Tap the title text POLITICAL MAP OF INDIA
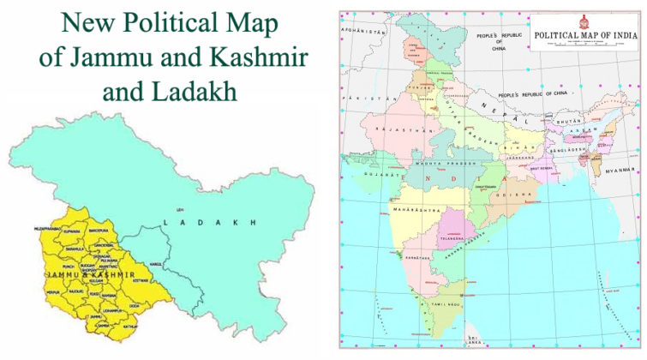pyautogui.click(x=586, y=36)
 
